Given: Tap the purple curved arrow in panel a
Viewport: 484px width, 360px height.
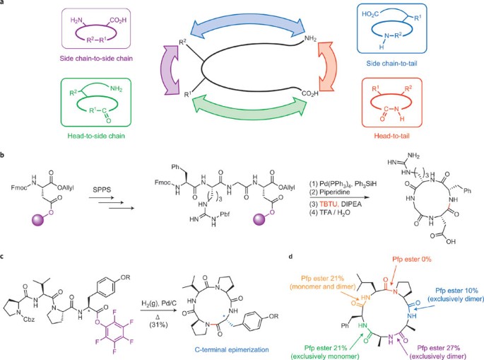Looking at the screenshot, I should [x=167, y=69].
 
